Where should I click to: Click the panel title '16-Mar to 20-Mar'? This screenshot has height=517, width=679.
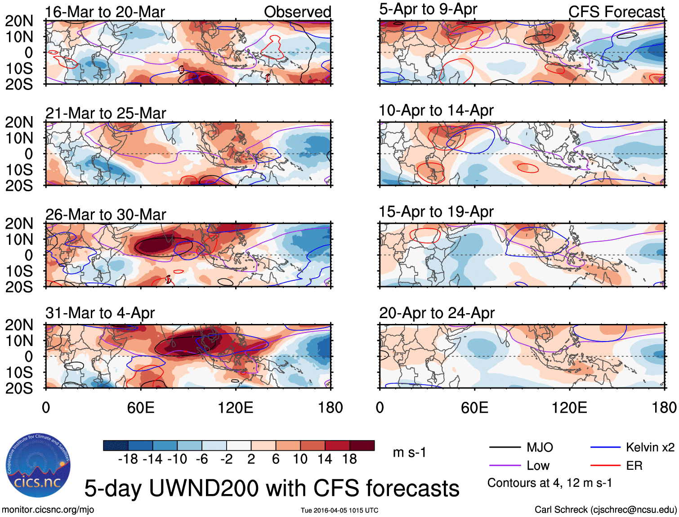pyautogui.click(x=105, y=12)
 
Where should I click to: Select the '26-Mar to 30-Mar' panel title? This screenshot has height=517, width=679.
pyautogui.click(x=106, y=215)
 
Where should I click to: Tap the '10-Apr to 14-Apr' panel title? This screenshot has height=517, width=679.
pyautogui.click(x=436, y=110)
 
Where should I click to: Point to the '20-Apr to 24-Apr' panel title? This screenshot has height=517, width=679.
pyautogui.click(x=437, y=313)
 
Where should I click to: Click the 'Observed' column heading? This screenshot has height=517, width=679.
pyautogui.click(x=297, y=12)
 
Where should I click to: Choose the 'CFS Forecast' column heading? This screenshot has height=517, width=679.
pyautogui.click(x=616, y=12)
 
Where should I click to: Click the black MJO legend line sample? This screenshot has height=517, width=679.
pyautogui.click(x=505, y=447)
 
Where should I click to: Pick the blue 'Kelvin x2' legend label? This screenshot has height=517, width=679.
pyautogui.click(x=650, y=447)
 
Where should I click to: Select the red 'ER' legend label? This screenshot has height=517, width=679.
pyautogui.click(x=634, y=466)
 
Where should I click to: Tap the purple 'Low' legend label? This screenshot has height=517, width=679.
pyautogui.click(x=538, y=466)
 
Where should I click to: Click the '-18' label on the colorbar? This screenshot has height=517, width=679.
pyautogui.click(x=128, y=459)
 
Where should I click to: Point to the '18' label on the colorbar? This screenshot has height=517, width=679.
pyautogui.click(x=349, y=459)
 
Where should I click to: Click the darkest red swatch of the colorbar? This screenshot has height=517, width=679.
pyautogui.click(x=362, y=445)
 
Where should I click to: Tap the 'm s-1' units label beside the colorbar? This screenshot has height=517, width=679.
pyautogui.click(x=409, y=452)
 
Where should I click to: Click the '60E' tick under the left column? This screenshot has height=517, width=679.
pyautogui.click(x=141, y=408)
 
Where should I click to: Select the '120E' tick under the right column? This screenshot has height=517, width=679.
pyautogui.click(x=569, y=408)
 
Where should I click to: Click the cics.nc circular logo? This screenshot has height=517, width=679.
pyautogui.click(x=38, y=466)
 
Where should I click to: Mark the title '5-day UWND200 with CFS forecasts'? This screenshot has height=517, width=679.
pyautogui.click(x=272, y=488)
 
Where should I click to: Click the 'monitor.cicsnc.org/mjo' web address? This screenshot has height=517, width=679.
pyautogui.click(x=48, y=510)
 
